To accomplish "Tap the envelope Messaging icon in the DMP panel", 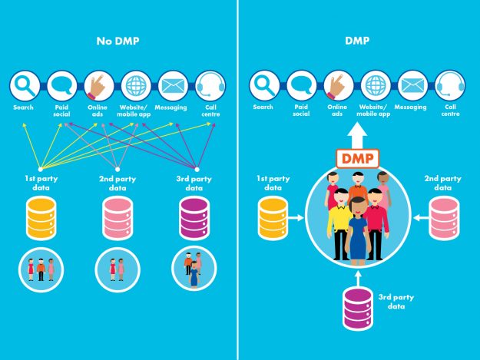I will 413,85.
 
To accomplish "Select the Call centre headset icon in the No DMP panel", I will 210,85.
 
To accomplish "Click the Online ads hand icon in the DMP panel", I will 339,85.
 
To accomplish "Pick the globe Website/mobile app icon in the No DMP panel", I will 136,85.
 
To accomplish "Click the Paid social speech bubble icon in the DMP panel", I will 302,85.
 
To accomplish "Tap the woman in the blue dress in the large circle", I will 358,230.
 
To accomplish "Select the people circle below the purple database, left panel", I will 194,269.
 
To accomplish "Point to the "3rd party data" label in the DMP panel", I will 393,300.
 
